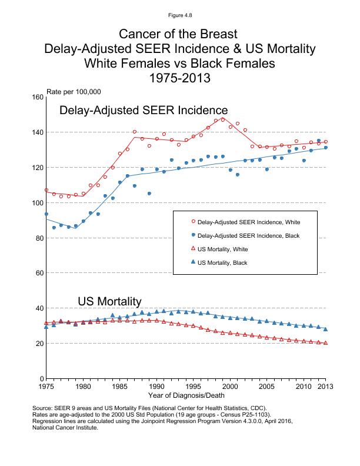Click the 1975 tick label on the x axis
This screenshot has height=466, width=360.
(x=46, y=387)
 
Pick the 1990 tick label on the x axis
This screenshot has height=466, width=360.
(x=156, y=387)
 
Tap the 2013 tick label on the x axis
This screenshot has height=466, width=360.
(x=325, y=387)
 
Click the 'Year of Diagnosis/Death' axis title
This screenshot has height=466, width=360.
(x=185, y=395)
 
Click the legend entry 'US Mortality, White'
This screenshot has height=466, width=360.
(x=224, y=249)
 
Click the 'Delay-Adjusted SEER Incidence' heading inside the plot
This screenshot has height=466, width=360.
(x=144, y=111)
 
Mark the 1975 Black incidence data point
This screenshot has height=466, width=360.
(x=46, y=214)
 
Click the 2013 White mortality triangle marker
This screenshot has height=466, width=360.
(x=326, y=343)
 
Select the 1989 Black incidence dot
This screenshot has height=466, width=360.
(x=149, y=194)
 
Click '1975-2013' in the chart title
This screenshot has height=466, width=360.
(x=180, y=78)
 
